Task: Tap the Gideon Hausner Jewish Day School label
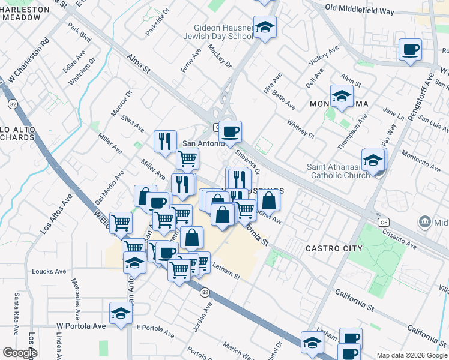[x=224, y=32]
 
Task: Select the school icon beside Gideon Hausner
[x=265, y=27]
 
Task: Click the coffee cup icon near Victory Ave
[x=411, y=50]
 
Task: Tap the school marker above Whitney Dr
[x=342, y=96]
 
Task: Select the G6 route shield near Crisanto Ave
[x=384, y=222]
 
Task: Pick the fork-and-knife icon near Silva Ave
[x=165, y=142]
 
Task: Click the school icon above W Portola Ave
[x=121, y=313]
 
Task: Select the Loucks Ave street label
[x=49, y=271]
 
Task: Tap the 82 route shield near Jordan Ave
[x=205, y=292]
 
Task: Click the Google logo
[x=19, y=353]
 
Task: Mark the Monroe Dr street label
[x=120, y=104]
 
